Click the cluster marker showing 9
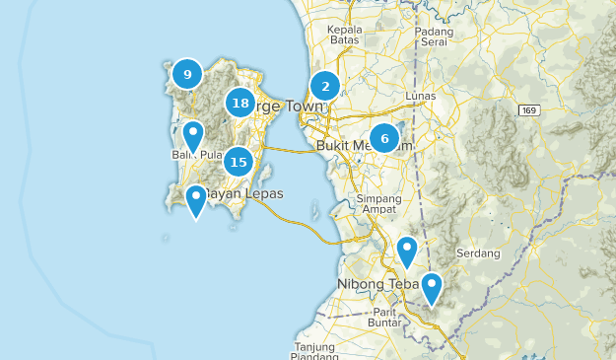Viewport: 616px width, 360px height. click(186, 74)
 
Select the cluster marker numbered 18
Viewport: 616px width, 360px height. click(240, 103)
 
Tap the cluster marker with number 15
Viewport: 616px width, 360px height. click(238, 162)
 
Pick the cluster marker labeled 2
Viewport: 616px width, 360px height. click(325, 87)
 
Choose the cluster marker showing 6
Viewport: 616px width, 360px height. click(384, 139)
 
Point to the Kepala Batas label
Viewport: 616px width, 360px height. click(345, 35)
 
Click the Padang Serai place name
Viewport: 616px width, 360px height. click(435, 36)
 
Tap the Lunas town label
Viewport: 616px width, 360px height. click(421, 97)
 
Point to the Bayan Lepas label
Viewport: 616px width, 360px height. click(242, 194)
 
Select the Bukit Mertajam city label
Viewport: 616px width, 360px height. click(365, 146)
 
